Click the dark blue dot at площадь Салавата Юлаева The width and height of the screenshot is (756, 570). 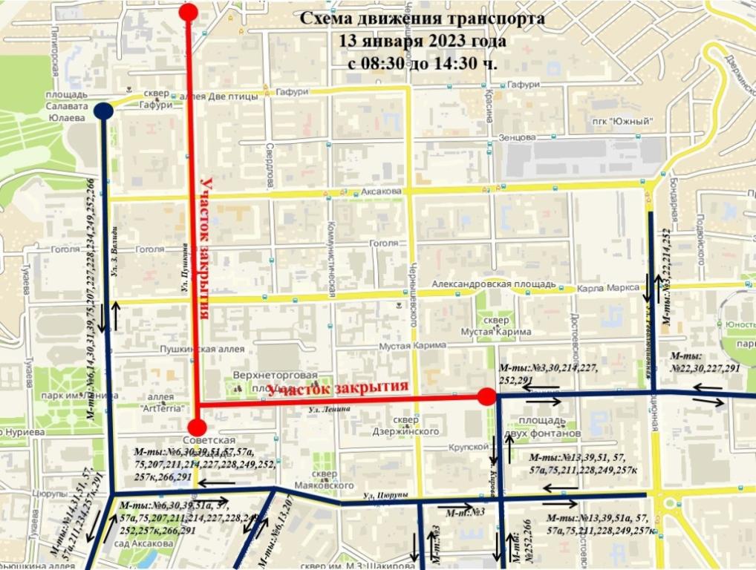pos(103,111)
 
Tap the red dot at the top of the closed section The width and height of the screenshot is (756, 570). pos(189,12)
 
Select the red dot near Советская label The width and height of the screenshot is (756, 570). pos(197,427)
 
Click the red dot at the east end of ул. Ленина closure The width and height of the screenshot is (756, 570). pos(486,396)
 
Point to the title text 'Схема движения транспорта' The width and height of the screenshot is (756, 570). pos(422,18)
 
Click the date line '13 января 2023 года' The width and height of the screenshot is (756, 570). pos(422,41)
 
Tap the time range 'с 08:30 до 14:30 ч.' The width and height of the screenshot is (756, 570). pos(422,63)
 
